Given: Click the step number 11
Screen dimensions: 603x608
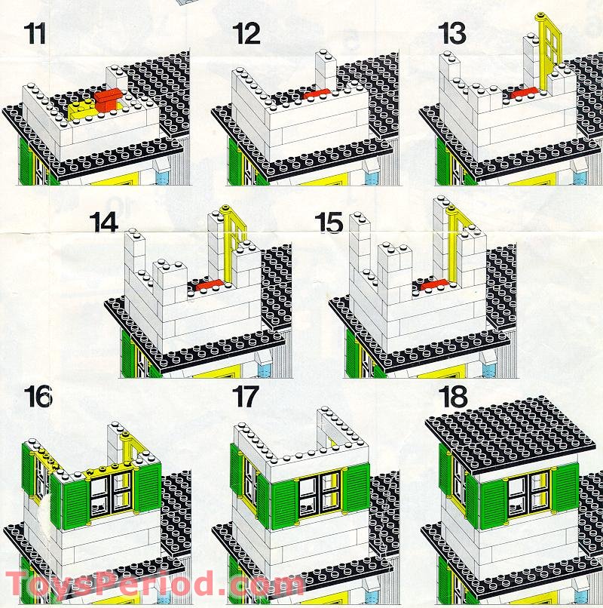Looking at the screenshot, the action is click(x=35, y=33).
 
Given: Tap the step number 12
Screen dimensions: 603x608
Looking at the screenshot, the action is click(x=246, y=33).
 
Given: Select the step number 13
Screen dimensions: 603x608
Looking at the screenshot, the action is click(x=451, y=33).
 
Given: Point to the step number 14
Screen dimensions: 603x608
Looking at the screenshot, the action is click(x=104, y=223).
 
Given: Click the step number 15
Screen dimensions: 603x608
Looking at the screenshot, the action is click(x=329, y=223).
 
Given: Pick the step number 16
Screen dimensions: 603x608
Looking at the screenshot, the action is click(x=38, y=396).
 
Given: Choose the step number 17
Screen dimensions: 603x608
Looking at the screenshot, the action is click(x=245, y=396).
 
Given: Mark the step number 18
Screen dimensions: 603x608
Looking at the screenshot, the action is click(x=452, y=396).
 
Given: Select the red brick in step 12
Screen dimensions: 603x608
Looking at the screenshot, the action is click(x=317, y=94).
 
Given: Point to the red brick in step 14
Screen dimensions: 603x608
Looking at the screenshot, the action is click(x=210, y=285).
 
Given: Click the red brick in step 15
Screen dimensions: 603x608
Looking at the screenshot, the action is click(x=434, y=285).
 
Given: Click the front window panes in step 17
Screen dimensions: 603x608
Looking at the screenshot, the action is click(x=320, y=496).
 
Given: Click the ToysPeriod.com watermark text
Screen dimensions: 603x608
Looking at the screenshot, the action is click(x=155, y=584).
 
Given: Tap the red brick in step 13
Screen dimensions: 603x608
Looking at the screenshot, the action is click(x=525, y=93).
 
